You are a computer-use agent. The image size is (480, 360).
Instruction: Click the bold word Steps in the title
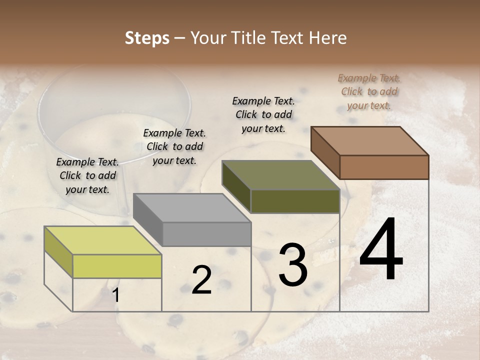(x=147, y=38)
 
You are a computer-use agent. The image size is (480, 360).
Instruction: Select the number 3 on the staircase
(x=293, y=265)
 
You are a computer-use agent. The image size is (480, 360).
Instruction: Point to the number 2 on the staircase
(x=201, y=280)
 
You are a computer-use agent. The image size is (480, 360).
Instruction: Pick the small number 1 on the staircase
(x=115, y=295)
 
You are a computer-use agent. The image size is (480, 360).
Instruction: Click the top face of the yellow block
(x=103, y=240)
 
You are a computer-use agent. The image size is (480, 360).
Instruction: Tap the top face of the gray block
(x=192, y=208)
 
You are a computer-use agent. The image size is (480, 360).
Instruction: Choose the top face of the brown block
(x=369, y=141)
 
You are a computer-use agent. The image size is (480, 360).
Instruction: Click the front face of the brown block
(x=384, y=167)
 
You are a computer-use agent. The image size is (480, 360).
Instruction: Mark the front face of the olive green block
(x=295, y=201)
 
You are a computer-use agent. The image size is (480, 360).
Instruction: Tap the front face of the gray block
(x=206, y=234)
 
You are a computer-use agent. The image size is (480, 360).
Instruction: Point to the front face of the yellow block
(x=117, y=266)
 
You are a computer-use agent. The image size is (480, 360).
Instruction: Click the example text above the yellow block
(x=87, y=175)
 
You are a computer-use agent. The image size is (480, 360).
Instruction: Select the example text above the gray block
(x=174, y=146)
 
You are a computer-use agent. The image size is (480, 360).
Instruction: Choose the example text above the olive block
(x=263, y=114)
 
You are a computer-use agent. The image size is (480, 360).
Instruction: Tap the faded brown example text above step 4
(x=369, y=91)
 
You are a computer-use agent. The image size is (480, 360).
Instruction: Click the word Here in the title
(x=328, y=38)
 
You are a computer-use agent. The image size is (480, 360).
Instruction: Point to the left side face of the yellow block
(x=58, y=251)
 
